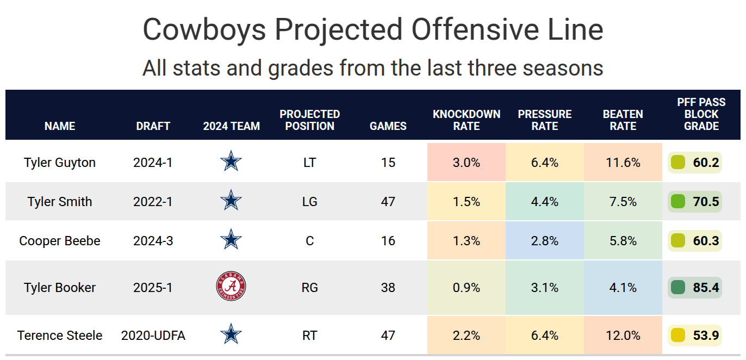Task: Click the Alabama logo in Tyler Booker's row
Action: click(231, 288)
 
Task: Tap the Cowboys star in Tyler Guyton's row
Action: click(231, 162)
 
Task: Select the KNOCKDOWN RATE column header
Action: click(467, 120)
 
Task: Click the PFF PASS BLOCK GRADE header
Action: click(701, 114)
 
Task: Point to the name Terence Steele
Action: click(60, 336)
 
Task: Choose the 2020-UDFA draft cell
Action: click(153, 336)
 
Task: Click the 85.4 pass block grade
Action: click(706, 288)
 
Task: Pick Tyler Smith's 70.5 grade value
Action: click(706, 202)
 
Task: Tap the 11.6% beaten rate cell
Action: click(623, 162)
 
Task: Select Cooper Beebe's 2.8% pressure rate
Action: click(545, 240)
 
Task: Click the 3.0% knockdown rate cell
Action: click(467, 162)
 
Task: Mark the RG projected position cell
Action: click(309, 288)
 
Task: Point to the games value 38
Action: click(388, 288)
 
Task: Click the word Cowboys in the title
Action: click(204, 29)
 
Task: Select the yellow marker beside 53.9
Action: click(678, 336)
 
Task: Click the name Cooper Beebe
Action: click(60, 240)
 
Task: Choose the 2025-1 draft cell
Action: click(153, 288)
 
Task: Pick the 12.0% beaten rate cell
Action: click(623, 336)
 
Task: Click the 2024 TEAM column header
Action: click(231, 126)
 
